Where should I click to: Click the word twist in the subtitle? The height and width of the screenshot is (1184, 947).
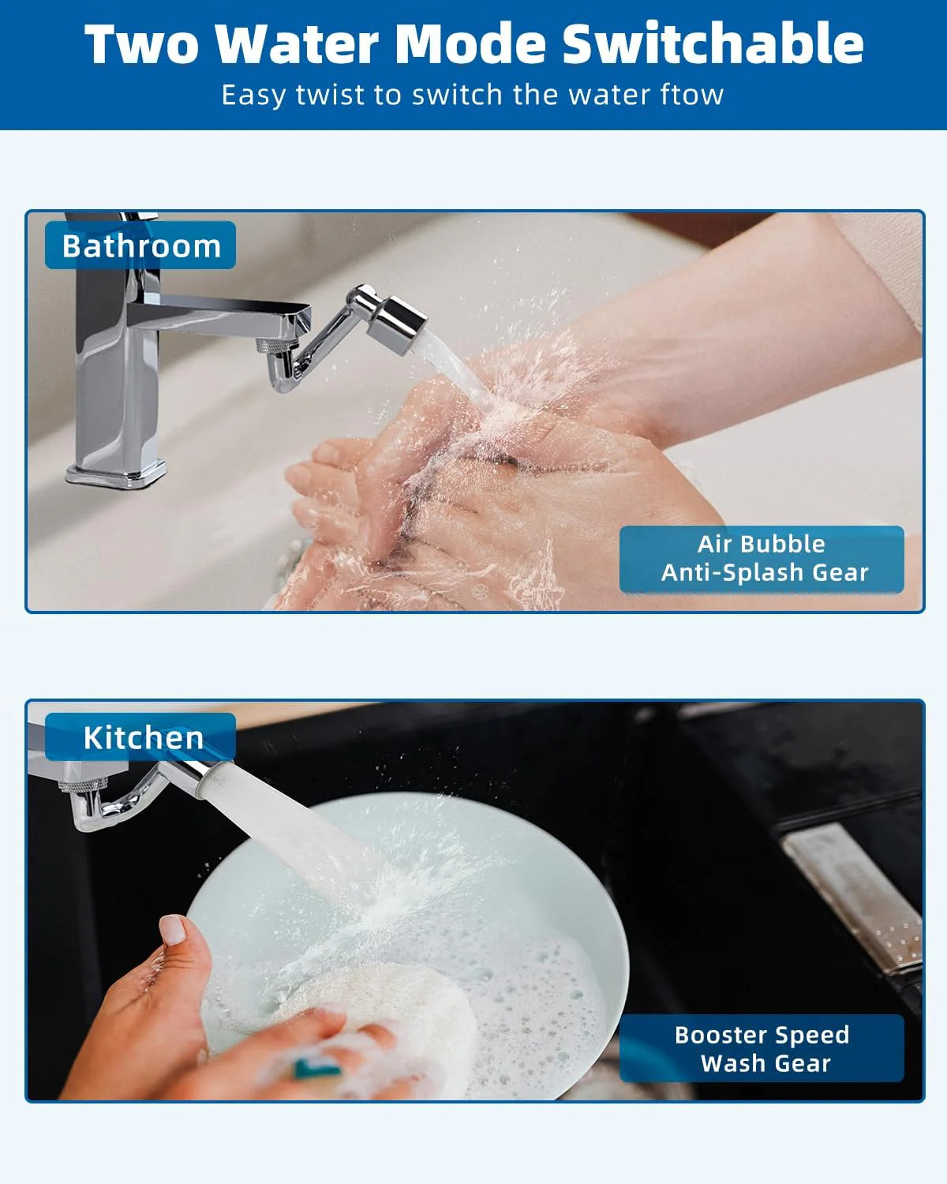pos(331,95)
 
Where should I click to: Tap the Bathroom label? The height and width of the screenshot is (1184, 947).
pos(140,245)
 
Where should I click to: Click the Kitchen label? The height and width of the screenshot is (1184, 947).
pos(142,737)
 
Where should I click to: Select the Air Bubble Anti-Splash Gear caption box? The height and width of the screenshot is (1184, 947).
pos(762,558)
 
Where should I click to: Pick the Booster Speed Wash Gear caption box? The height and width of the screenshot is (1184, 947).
pos(762,1048)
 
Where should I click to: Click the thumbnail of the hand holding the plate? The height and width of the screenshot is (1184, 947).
pos(173,929)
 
